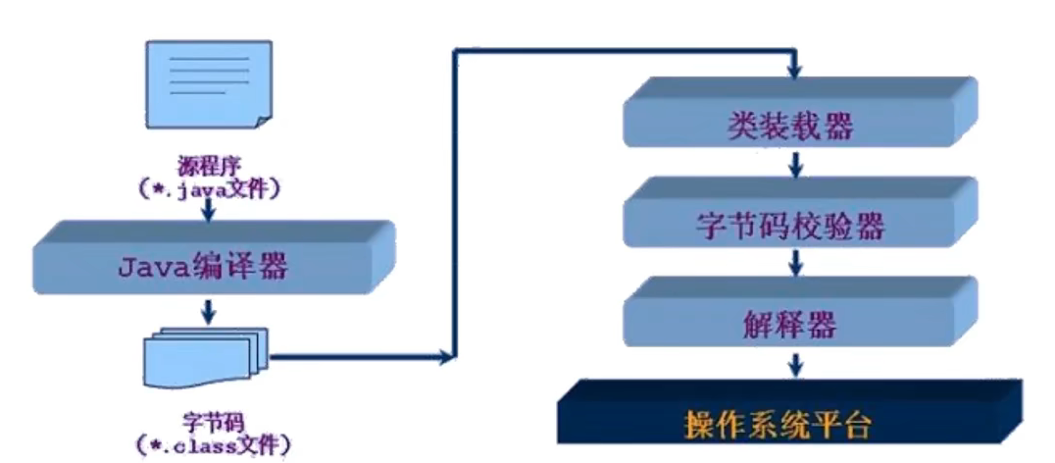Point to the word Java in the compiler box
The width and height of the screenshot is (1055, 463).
tap(149, 266)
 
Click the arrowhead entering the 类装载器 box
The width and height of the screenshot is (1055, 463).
tap(796, 71)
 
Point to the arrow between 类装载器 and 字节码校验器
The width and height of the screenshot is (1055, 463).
tap(796, 163)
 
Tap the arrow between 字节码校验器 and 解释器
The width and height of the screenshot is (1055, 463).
tap(796, 263)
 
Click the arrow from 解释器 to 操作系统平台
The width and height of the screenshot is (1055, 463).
tap(796, 364)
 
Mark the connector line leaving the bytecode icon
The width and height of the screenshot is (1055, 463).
tap(363, 358)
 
